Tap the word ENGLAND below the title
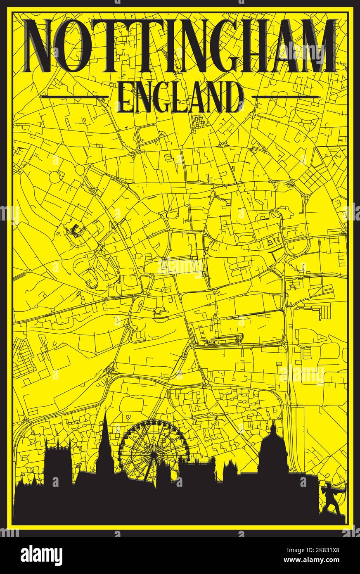coord(180,97)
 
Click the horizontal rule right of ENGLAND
coord(285,97)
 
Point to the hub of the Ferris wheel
coord(154,451)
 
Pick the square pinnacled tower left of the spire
coord(58,463)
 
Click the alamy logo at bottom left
coord(41,555)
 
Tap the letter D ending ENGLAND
coord(234,98)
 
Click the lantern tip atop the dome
coord(273,423)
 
